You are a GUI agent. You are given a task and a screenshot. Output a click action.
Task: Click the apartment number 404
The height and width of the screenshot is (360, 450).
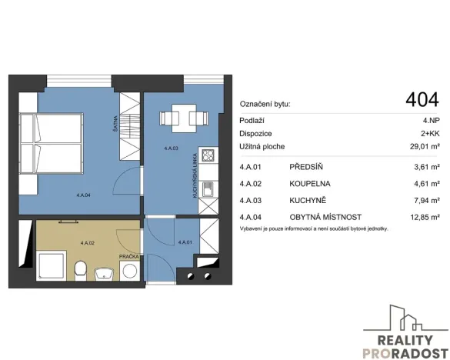click(422, 100)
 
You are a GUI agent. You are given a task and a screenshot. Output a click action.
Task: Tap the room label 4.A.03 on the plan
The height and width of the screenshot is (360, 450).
click(171, 148)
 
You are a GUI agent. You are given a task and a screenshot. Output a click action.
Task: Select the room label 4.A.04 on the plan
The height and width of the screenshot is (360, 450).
click(84, 195)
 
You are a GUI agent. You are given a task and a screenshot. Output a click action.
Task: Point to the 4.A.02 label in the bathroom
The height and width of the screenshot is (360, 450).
click(88, 243)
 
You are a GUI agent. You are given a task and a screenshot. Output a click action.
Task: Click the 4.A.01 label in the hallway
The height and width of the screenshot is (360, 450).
click(185, 242)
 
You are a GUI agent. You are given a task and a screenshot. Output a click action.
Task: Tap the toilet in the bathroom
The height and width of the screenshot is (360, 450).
click(80, 271)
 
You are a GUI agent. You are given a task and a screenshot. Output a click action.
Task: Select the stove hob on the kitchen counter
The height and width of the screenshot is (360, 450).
click(208, 155)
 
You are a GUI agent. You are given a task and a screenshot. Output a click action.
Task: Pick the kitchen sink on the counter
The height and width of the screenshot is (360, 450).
click(208, 189)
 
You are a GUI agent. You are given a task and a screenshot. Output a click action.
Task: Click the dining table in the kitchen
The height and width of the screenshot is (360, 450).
click(184, 118)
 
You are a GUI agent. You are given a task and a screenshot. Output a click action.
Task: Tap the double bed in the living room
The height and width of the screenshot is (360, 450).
click(52, 143)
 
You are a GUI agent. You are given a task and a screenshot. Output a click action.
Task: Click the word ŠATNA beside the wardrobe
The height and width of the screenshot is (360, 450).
click(115, 123)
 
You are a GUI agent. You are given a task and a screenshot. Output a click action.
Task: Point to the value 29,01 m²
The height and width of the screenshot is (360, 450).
click(425, 146)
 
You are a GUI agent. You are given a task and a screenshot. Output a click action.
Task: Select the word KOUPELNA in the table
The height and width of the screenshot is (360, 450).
click(310, 184)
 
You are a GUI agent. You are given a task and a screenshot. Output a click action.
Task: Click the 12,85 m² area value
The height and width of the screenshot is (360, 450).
click(425, 217)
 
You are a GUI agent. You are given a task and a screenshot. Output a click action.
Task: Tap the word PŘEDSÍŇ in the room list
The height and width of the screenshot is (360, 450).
click(306, 167)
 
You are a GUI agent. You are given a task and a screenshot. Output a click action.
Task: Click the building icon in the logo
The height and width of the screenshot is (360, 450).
click(406, 318)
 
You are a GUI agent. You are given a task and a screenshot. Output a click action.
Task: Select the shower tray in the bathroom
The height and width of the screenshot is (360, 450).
click(52, 265)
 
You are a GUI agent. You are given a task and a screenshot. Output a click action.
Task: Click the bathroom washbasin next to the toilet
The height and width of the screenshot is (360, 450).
click(104, 273)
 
